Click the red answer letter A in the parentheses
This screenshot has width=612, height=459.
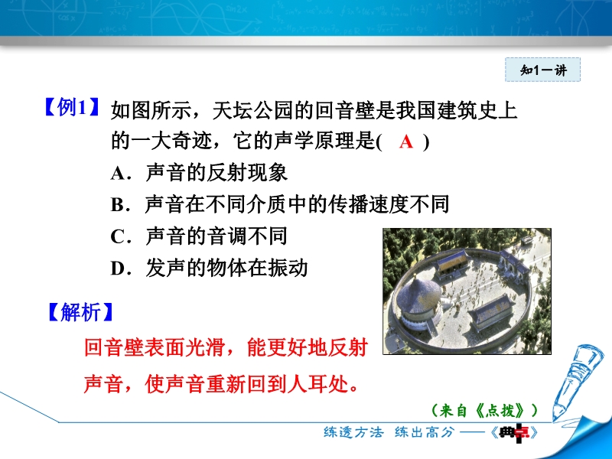[x=406, y=142]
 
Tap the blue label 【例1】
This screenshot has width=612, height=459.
[x=71, y=107]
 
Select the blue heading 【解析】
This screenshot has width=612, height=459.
[x=81, y=312]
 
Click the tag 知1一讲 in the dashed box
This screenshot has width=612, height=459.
[x=543, y=70]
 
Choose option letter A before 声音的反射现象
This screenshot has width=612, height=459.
[x=118, y=174]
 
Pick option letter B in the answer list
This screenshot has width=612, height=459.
[x=118, y=205]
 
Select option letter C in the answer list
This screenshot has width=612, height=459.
[x=118, y=236]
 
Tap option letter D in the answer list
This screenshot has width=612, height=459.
[x=118, y=269]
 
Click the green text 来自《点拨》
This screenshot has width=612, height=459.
[x=484, y=410]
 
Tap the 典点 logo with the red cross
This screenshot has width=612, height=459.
[x=515, y=432]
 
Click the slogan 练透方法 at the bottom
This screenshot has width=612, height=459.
[x=354, y=432]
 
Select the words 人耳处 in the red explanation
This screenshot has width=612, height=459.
[x=318, y=384]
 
